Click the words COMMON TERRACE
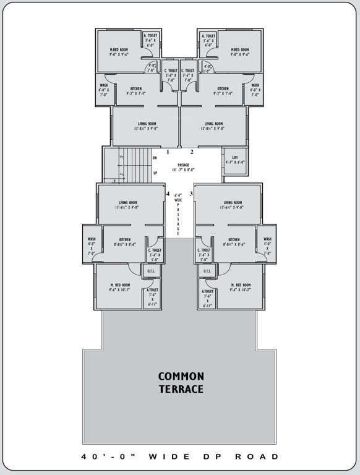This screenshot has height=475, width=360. pos(181,382)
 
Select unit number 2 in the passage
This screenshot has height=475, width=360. pos(192,152)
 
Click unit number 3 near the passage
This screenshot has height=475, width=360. pos(191,194)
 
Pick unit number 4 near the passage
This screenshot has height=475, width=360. pos(168,194)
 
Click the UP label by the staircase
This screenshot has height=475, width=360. pos(155,172)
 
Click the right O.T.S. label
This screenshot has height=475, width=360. pos(207,271)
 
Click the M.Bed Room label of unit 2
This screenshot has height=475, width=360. pos(239,51)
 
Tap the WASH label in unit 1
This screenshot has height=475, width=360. pos(103,88)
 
